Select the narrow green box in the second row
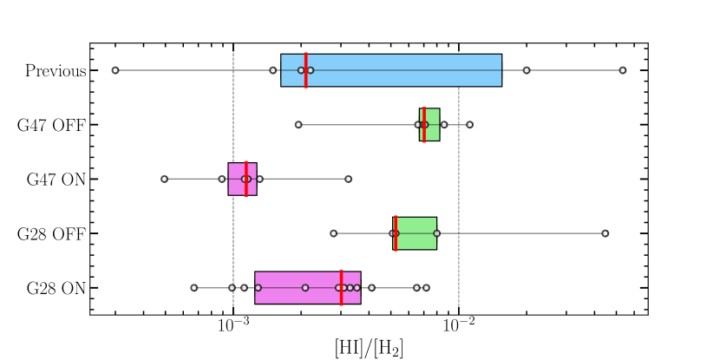point(433,125)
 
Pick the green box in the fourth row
point(418,233)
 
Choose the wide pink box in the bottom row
point(295,287)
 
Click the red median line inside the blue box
point(305,70)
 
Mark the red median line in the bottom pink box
point(341,287)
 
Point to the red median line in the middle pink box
point(246,179)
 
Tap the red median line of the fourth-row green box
point(396,233)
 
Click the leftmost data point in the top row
point(115,70)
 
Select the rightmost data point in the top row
point(623,70)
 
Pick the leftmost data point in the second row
point(298,125)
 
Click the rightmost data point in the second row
point(470,125)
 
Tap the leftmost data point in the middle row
point(164,179)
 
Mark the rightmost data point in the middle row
point(348,179)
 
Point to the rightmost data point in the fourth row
point(605,233)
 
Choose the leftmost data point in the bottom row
point(194,287)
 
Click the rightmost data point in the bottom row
point(426,287)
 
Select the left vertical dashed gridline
point(232,208)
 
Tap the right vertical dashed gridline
point(459,208)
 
